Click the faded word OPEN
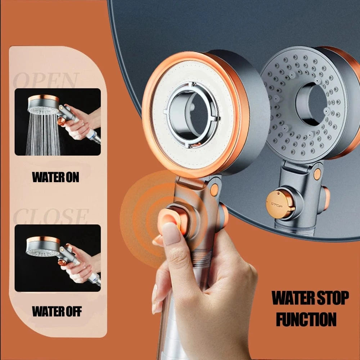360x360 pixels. (x=46, y=80)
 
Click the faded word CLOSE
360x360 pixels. (x=50, y=216)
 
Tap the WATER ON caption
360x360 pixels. (x=55, y=177)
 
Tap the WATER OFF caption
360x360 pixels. (x=57, y=311)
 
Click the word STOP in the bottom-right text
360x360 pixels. (x=332, y=298)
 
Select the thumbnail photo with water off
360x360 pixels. (x=58, y=258)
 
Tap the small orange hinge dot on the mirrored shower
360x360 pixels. (x=317, y=174)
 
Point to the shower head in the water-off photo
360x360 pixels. (x=42, y=247)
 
